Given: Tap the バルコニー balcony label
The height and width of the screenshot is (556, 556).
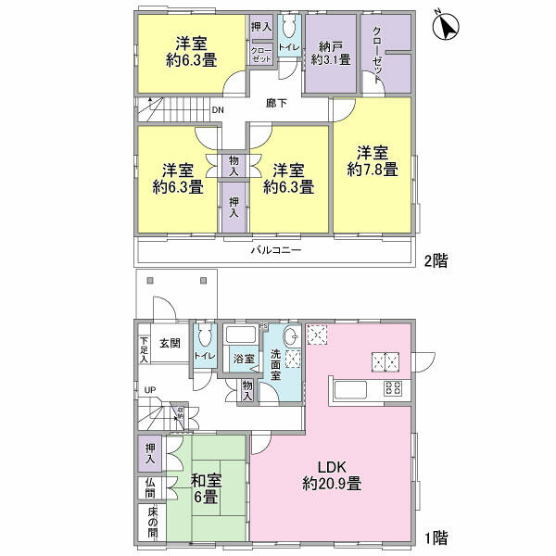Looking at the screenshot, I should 275,250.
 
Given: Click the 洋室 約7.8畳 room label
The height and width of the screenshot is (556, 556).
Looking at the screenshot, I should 373,161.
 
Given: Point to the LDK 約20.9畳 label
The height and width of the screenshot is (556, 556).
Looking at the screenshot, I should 331,474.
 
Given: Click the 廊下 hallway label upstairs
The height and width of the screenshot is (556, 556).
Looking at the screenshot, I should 275,104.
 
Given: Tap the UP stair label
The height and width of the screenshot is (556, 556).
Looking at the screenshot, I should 148,389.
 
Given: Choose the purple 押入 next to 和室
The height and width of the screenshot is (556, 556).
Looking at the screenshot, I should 149,451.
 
